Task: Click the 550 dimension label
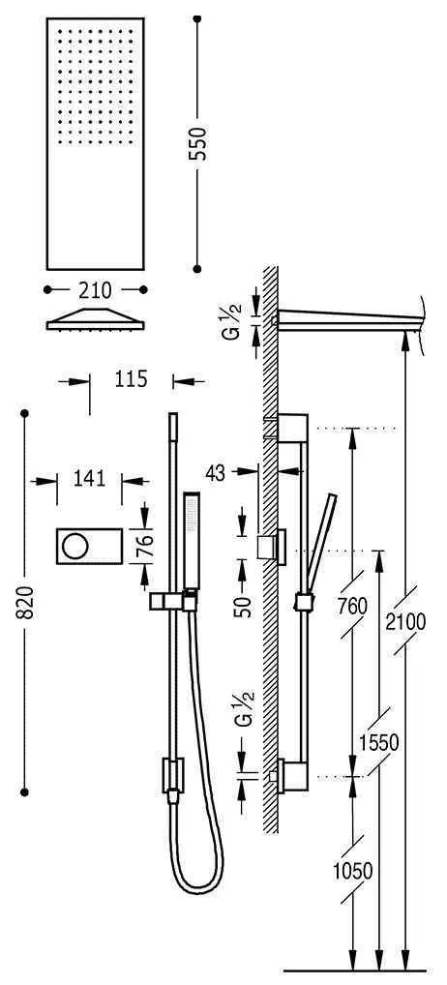tap(202, 143)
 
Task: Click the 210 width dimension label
tap(96, 289)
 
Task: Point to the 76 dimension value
tap(144, 548)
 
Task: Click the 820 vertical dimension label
tap(25, 604)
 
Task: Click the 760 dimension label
tap(354, 606)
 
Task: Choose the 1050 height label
tap(352, 870)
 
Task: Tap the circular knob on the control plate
tap(74, 549)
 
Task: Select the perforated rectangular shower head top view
tap(96, 142)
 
